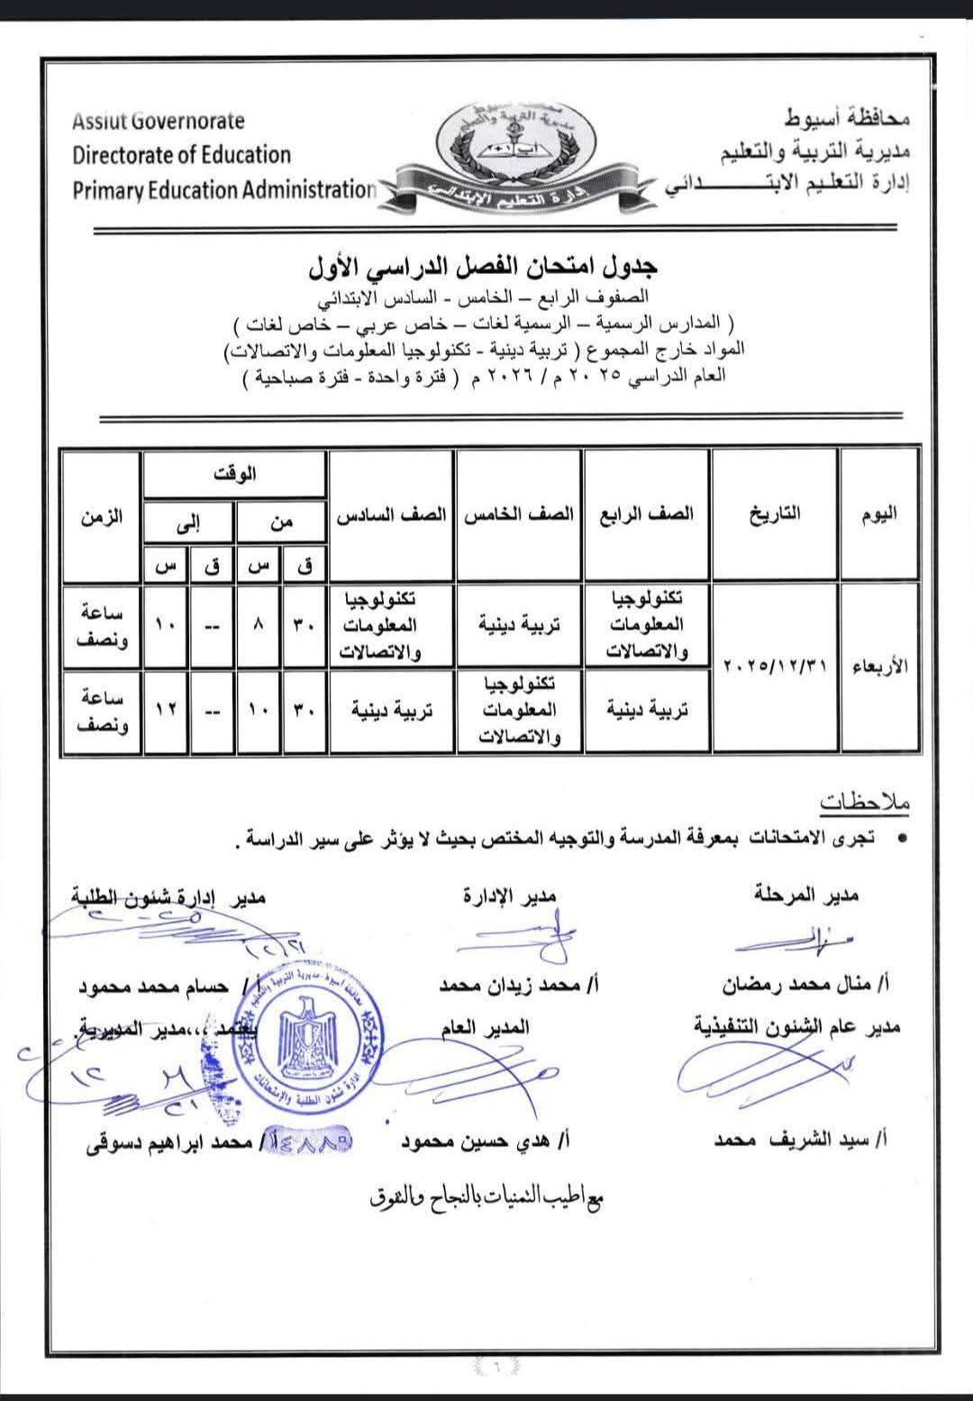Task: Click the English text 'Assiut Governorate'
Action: [x=159, y=121]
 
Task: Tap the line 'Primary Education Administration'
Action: [x=223, y=190]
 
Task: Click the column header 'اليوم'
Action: [x=878, y=514]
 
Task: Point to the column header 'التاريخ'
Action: [x=774, y=514]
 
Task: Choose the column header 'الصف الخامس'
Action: [x=519, y=514]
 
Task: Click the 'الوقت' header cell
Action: [x=234, y=474]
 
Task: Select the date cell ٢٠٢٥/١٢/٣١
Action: [x=774, y=667]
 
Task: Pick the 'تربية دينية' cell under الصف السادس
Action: [x=392, y=710]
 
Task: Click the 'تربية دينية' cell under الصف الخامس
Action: [x=519, y=625]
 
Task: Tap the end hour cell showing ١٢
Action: [x=166, y=710]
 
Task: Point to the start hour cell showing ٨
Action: [x=259, y=625]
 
